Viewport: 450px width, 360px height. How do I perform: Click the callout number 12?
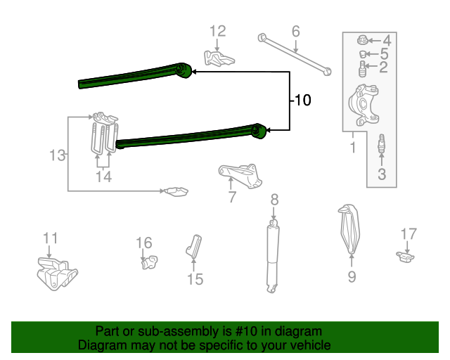[x=218, y=31]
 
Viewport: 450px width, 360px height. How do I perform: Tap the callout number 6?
[x=295, y=31]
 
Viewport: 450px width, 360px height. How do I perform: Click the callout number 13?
[x=59, y=155]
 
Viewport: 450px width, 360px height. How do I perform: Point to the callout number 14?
[x=103, y=177]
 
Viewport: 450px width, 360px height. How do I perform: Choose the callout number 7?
[x=232, y=198]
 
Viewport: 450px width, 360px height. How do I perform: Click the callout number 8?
[x=274, y=199]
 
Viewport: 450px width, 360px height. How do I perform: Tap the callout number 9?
[x=352, y=277]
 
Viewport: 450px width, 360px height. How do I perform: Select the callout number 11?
[x=50, y=239]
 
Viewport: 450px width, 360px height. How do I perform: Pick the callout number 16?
[x=143, y=243]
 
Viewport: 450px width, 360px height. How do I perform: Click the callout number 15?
[x=195, y=279]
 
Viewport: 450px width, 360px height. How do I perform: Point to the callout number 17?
[x=409, y=233]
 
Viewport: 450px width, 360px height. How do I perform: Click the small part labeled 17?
[x=404, y=257]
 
